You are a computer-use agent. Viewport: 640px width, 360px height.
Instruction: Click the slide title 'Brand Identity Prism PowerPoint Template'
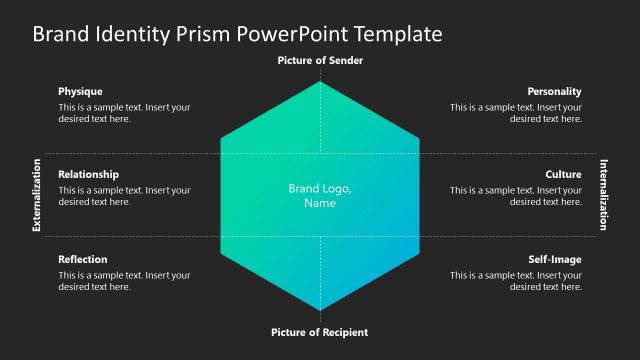click(237, 34)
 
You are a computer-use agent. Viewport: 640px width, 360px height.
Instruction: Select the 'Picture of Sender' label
click(320, 61)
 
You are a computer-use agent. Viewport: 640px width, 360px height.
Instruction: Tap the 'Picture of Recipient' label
click(320, 332)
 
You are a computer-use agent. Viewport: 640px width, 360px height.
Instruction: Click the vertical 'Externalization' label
click(37, 195)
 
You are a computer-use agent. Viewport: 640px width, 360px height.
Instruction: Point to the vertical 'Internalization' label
click(603, 195)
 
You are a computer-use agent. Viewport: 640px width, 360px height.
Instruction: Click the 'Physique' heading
click(80, 91)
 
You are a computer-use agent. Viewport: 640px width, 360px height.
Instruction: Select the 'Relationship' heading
click(88, 174)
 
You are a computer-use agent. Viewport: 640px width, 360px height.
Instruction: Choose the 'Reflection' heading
click(83, 259)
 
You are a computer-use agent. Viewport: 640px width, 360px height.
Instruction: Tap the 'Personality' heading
click(555, 91)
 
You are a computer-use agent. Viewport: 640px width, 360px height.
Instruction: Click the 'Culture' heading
click(563, 174)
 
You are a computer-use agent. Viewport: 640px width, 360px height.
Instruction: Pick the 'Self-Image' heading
click(555, 259)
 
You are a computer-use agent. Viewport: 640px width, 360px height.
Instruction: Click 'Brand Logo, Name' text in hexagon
click(320, 195)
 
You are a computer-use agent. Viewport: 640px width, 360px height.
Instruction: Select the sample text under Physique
click(124, 113)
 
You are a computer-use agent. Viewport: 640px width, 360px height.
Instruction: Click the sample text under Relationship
click(124, 196)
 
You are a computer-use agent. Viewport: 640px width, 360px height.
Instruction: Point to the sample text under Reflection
click(124, 281)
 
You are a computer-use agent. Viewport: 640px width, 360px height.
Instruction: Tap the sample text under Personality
click(516, 113)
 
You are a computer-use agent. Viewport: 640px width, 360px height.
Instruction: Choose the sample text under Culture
click(516, 196)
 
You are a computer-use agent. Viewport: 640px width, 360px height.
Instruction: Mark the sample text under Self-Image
click(516, 281)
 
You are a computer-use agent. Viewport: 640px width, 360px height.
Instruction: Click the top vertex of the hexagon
click(320, 82)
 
